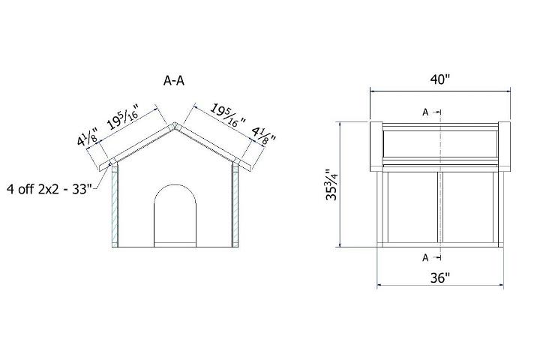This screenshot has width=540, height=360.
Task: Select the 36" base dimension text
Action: (x=440, y=278)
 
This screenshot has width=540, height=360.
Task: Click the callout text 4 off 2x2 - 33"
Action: (x=49, y=187)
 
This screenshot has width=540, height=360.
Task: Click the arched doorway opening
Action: (x=175, y=217)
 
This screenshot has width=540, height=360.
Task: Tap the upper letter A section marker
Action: (x=425, y=112)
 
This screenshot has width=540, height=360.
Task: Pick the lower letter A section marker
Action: (x=425, y=257)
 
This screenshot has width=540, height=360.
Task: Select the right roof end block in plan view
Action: (x=504, y=145)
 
